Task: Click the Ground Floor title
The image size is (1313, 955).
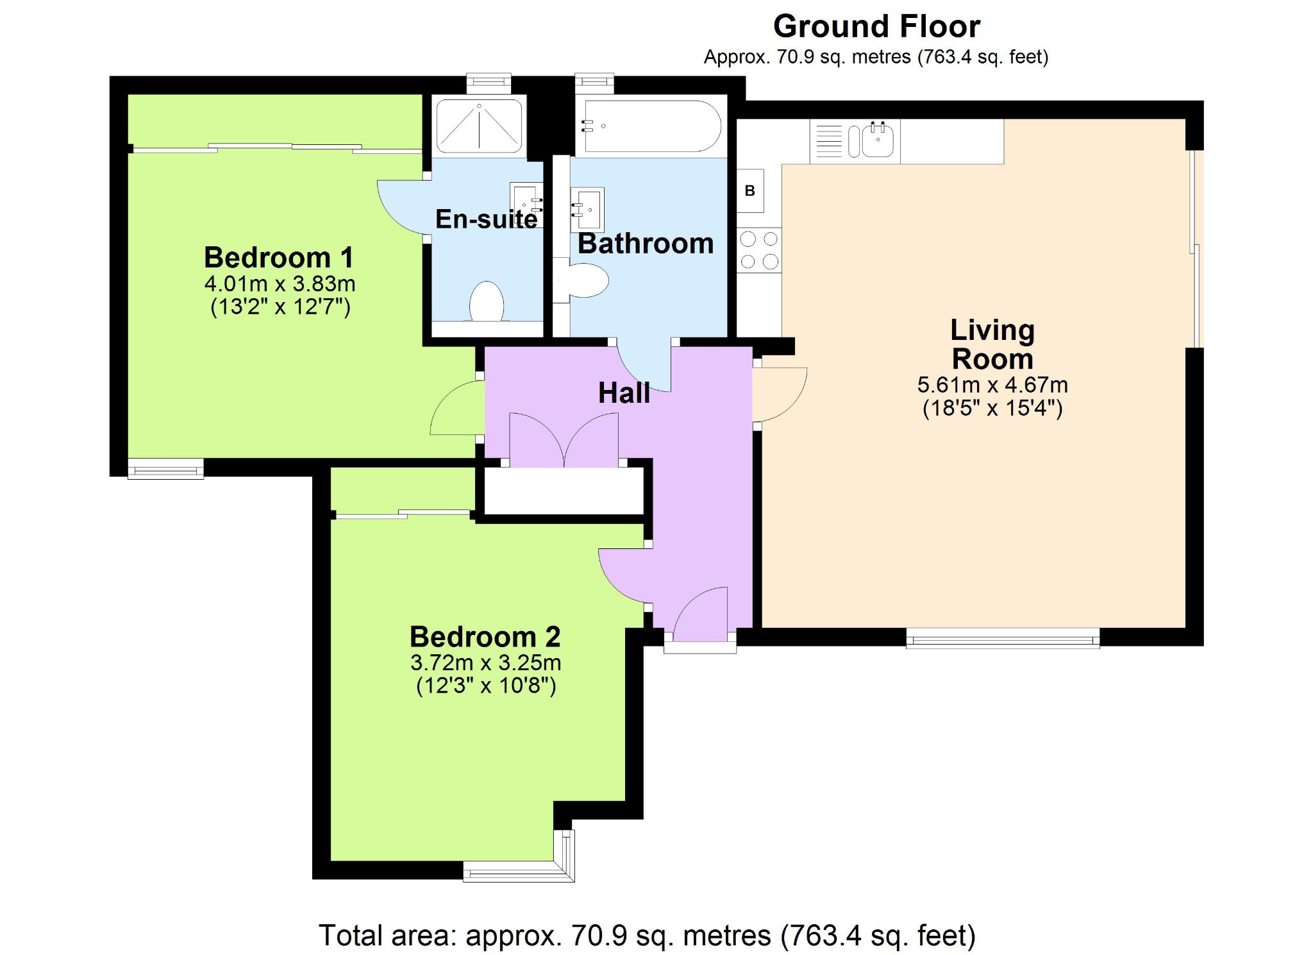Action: pyautogui.click(x=876, y=27)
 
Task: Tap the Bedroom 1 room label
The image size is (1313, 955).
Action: pyautogui.click(x=279, y=258)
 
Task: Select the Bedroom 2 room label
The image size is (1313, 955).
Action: pyautogui.click(x=485, y=637)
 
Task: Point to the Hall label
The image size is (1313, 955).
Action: pyautogui.click(x=624, y=393)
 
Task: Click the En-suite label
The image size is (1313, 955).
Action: pyautogui.click(x=487, y=219)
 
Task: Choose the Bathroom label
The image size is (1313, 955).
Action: pyautogui.click(x=646, y=244)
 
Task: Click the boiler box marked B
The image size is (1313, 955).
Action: pyautogui.click(x=750, y=190)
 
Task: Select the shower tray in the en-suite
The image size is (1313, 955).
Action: pyautogui.click(x=479, y=126)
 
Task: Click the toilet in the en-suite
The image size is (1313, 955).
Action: pyautogui.click(x=487, y=301)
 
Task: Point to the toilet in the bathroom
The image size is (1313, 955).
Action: pyautogui.click(x=581, y=280)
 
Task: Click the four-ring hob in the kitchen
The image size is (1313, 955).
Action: pyautogui.click(x=759, y=250)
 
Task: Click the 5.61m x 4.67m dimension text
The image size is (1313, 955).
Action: pyautogui.click(x=992, y=385)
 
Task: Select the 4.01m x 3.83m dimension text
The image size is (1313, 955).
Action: pyautogui.click(x=280, y=283)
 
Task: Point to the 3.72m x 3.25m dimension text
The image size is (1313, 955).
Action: pyautogui.click(x=486, y=663)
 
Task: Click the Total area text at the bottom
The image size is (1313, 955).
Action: pyautogui.click(x=647, y=936)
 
